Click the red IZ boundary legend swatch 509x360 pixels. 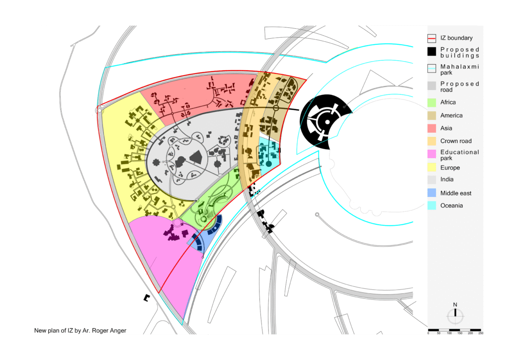pos(431,38)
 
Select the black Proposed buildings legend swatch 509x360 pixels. pos(431,52)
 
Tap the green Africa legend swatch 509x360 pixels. pos(431,102)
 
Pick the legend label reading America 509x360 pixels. pos(451,115)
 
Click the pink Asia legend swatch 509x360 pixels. pos(431,128)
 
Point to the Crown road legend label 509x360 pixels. pos(456,141)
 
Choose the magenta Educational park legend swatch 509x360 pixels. pos(431,154)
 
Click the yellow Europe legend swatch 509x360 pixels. pos(431,167)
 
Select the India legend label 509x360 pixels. pos(447,179)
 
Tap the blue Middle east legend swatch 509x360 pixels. pos(431,193)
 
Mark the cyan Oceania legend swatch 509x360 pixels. pos(431,205)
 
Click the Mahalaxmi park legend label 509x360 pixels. pos(459,70)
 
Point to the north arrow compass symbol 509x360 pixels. pos(455,315)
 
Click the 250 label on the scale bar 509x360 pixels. pos(481,333)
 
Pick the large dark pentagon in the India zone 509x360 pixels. pos(196,158)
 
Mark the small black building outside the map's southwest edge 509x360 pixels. pos(147,297)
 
